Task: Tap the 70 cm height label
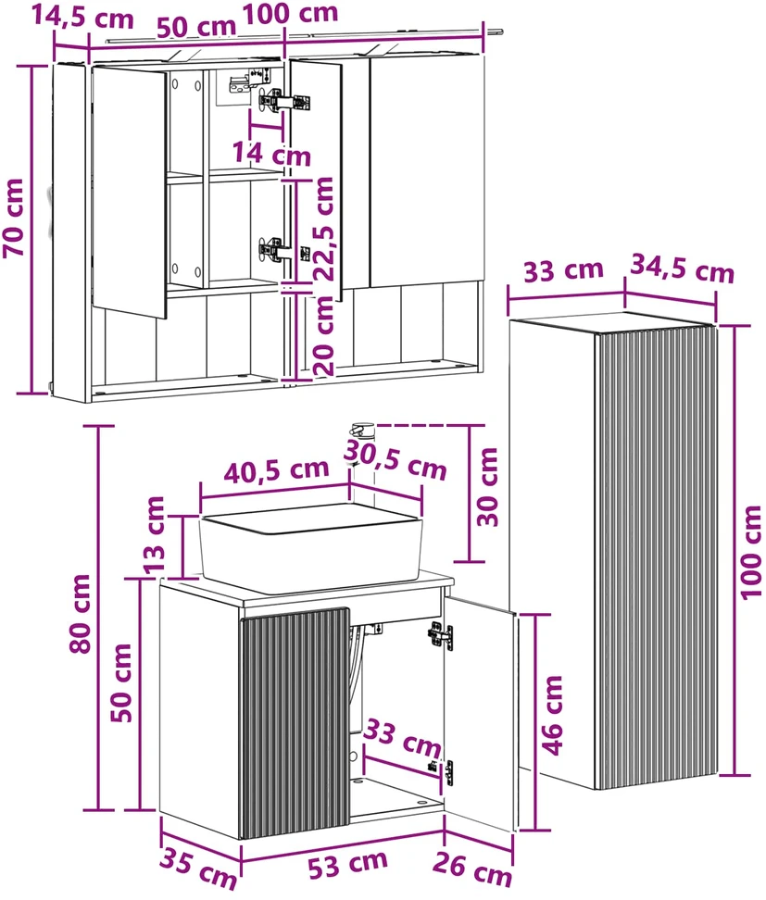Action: coord(14,218)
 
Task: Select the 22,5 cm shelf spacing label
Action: coord(324,229)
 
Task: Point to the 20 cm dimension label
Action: coord(324,336)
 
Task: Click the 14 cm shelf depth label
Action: coord(271,154)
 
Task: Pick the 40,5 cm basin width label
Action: coord(276,471)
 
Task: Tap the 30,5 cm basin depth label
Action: coord(396,460)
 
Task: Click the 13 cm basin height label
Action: coord(154,535)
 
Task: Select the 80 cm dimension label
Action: coord(81,614)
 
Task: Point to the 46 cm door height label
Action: coord(552,715)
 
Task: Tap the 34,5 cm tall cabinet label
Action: coord(683,269)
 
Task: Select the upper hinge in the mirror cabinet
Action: coord(284,101)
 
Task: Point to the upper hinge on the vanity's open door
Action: coord(440,635)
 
